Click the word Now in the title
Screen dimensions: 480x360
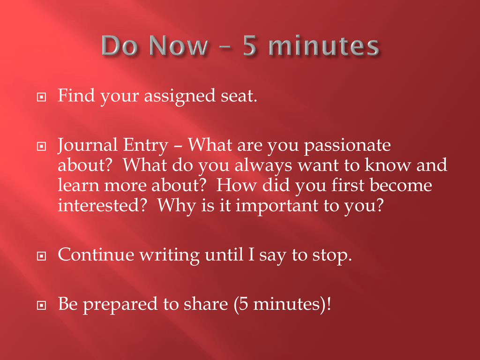(x=179, y=45)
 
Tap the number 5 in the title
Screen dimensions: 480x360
(x=249, y=45)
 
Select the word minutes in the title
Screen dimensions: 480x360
(x=324, y=45)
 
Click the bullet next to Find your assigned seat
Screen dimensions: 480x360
(x=41, y=97)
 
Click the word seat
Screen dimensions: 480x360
(x=239, y=96)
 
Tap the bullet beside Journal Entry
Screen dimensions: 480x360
(x=41, y=146)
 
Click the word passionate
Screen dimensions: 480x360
(x=347, y=146)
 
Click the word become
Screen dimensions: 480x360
(x=401, y=185)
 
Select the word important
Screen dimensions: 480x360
(x=277, y=206)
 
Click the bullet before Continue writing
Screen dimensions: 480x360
(x=41, y=255)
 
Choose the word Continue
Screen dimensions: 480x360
(x=96, y=254)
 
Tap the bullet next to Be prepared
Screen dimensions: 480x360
(x=41, y=305)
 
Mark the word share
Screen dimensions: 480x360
(x=206, y=304)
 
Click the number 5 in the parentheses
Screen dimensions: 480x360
(x=243, y=304)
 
